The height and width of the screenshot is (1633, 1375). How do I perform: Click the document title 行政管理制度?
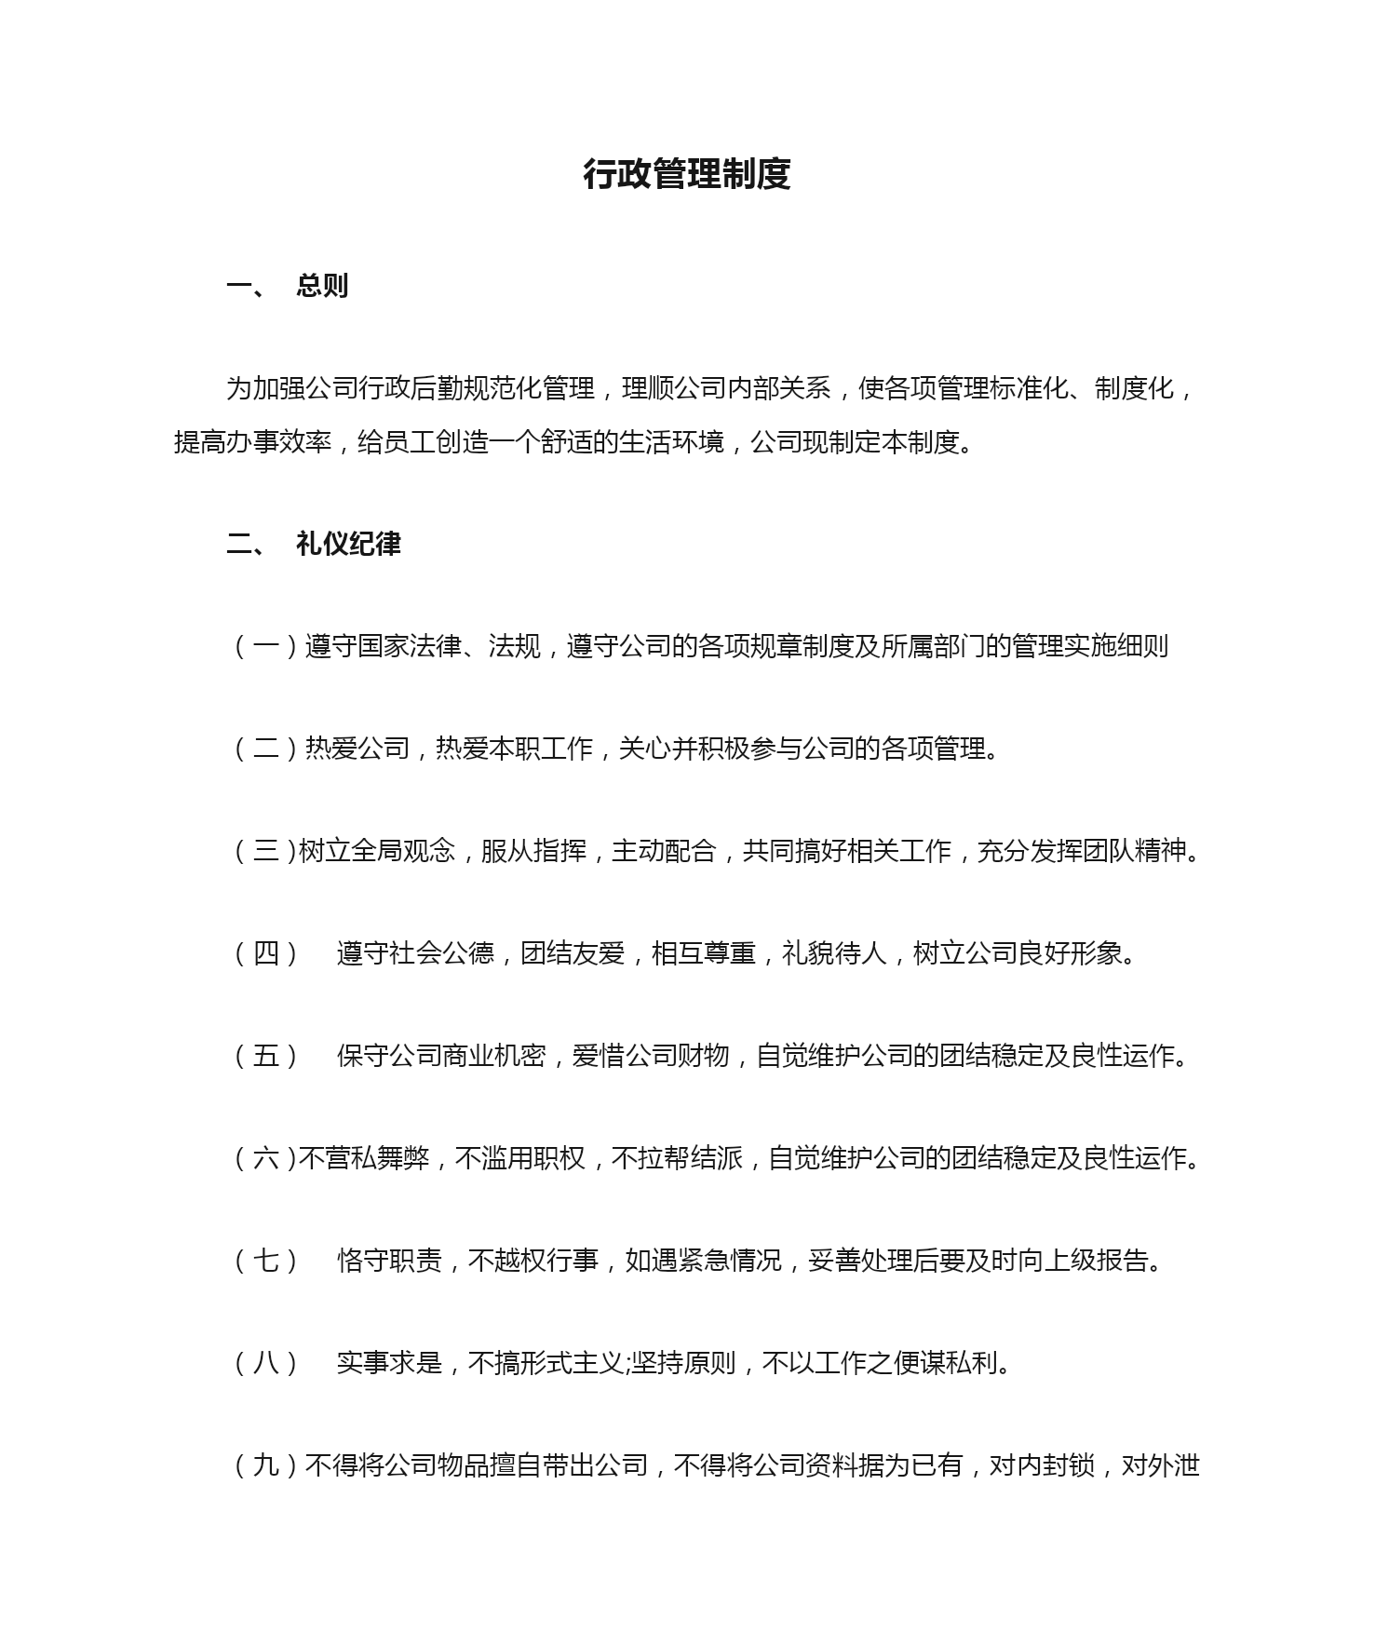687,174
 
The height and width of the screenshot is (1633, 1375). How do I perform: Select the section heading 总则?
322,286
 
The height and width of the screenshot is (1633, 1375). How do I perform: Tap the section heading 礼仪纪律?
348,544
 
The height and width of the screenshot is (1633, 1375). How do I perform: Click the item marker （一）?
266,646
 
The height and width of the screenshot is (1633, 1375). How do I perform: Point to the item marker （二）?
266,749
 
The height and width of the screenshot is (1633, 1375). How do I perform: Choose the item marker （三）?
264,851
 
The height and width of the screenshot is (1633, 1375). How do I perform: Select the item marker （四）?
266,953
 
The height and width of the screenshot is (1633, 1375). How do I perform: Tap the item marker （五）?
266,1056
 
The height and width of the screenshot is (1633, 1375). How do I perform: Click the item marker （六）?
264,1158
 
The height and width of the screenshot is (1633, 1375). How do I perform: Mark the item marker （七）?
266,1261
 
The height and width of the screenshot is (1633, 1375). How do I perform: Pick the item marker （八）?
266,1363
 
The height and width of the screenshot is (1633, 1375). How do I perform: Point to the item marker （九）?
266,1465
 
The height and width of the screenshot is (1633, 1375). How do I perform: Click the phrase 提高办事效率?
252,441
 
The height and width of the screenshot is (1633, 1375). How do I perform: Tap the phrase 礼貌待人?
834,953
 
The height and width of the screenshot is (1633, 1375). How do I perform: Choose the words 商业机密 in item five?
493,1056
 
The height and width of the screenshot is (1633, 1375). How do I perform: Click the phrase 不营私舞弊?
364,1158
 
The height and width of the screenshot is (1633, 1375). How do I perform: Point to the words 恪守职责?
389,1261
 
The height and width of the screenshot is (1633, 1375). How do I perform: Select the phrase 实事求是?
389,1363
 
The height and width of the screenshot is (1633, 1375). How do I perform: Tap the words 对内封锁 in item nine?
1042,1465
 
